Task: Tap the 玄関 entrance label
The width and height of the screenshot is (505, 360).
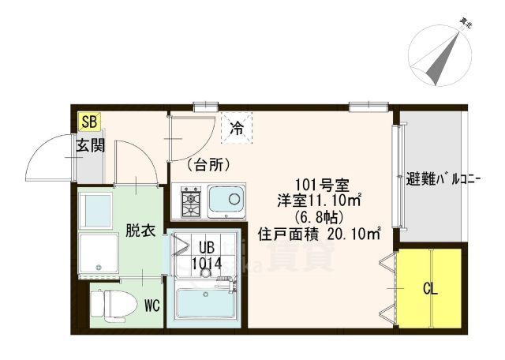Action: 89,146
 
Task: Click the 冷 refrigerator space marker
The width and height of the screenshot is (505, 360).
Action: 236,127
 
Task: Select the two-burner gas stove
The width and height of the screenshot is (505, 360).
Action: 192,202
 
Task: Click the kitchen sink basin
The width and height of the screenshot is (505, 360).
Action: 227,201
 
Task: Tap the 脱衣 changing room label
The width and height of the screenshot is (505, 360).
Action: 140,231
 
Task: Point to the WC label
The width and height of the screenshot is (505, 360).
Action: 151,304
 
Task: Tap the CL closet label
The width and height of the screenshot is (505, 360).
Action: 430,289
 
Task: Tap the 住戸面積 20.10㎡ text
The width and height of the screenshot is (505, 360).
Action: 320,234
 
